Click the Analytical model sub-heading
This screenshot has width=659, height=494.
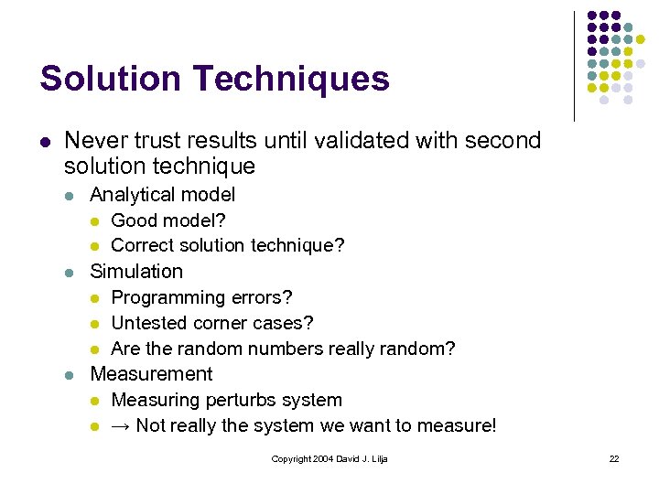coord(162,195)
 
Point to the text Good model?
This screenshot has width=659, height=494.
coord(168,220)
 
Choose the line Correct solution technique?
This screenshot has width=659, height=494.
coord(228,246)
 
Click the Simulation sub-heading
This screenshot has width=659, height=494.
coord(136,272)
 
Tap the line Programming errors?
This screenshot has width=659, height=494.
coord(201,297)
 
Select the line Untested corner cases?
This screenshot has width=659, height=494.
coord(212,323)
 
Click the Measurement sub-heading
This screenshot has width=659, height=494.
coord(151,374)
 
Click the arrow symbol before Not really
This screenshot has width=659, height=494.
coord(120,425)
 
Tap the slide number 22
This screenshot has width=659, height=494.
coord(614,458)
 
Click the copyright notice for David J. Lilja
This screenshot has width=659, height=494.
coord(329,458)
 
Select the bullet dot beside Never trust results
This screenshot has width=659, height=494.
coord(44,142)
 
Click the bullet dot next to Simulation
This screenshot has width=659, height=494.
coord(70,273)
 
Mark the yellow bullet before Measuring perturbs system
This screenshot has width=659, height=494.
coord(94,401)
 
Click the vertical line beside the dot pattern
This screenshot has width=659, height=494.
coord(574,66)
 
